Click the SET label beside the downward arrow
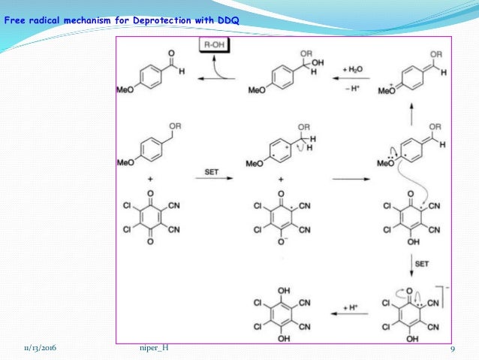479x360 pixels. click(422, 265)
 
